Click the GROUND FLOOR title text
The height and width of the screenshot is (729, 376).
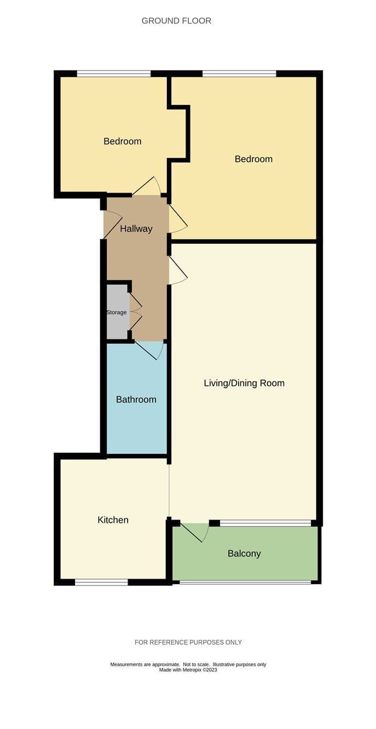(176, 21)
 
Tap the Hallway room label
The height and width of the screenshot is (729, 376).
(136, 229)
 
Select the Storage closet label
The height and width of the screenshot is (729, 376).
(117, 312)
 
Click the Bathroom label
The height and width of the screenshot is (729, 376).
(136, 399)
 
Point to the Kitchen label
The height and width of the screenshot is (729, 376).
(113, 520)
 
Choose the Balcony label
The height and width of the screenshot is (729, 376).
(244, 553)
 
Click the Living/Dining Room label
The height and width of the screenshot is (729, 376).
(244, 383)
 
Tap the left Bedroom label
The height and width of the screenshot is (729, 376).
(123, 141)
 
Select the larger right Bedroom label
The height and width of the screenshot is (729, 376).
(253, 159)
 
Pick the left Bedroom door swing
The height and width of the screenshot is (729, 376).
(147, 186)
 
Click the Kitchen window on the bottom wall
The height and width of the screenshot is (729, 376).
(101, 582)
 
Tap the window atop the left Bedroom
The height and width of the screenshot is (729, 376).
(114, 74)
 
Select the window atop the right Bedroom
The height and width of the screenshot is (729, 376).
(240, 74)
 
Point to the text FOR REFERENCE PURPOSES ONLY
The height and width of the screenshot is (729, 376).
(188, 643)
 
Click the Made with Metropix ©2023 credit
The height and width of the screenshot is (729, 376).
(188, 670)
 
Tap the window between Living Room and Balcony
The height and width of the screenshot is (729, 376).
(265, 523)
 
